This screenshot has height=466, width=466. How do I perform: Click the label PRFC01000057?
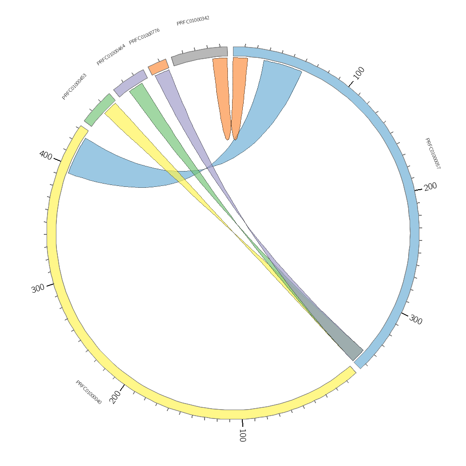[x=432, y=153]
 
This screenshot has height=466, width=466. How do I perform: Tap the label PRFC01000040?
[x=89, y=392]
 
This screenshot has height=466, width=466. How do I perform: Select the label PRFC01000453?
[x=74, y=87]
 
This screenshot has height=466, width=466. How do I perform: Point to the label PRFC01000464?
[x=111, y=55]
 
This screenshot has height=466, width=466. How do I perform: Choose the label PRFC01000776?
[x=144, y=36]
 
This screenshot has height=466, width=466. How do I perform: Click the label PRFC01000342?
[x=193, y=21]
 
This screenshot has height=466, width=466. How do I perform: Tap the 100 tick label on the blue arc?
[x=358, y=73]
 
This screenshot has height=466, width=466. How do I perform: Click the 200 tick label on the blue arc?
[x=430, y=186]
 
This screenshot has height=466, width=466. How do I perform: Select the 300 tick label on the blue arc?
[x=416, y=320]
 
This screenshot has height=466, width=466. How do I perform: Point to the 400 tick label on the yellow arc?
[x=46, y=155]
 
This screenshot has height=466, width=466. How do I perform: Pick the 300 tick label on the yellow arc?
[x=38, y=288]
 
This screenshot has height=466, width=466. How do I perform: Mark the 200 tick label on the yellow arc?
[x=115, y=397]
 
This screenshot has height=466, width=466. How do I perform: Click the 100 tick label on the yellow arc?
[x=242, y=435]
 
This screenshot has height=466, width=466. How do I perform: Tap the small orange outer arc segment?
[x=158, y=67]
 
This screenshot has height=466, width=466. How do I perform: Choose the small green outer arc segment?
[x=99, y=110]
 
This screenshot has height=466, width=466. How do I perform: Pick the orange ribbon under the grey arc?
[x=222, y=93]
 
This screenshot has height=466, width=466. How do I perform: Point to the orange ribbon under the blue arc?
[x=239, y=93]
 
